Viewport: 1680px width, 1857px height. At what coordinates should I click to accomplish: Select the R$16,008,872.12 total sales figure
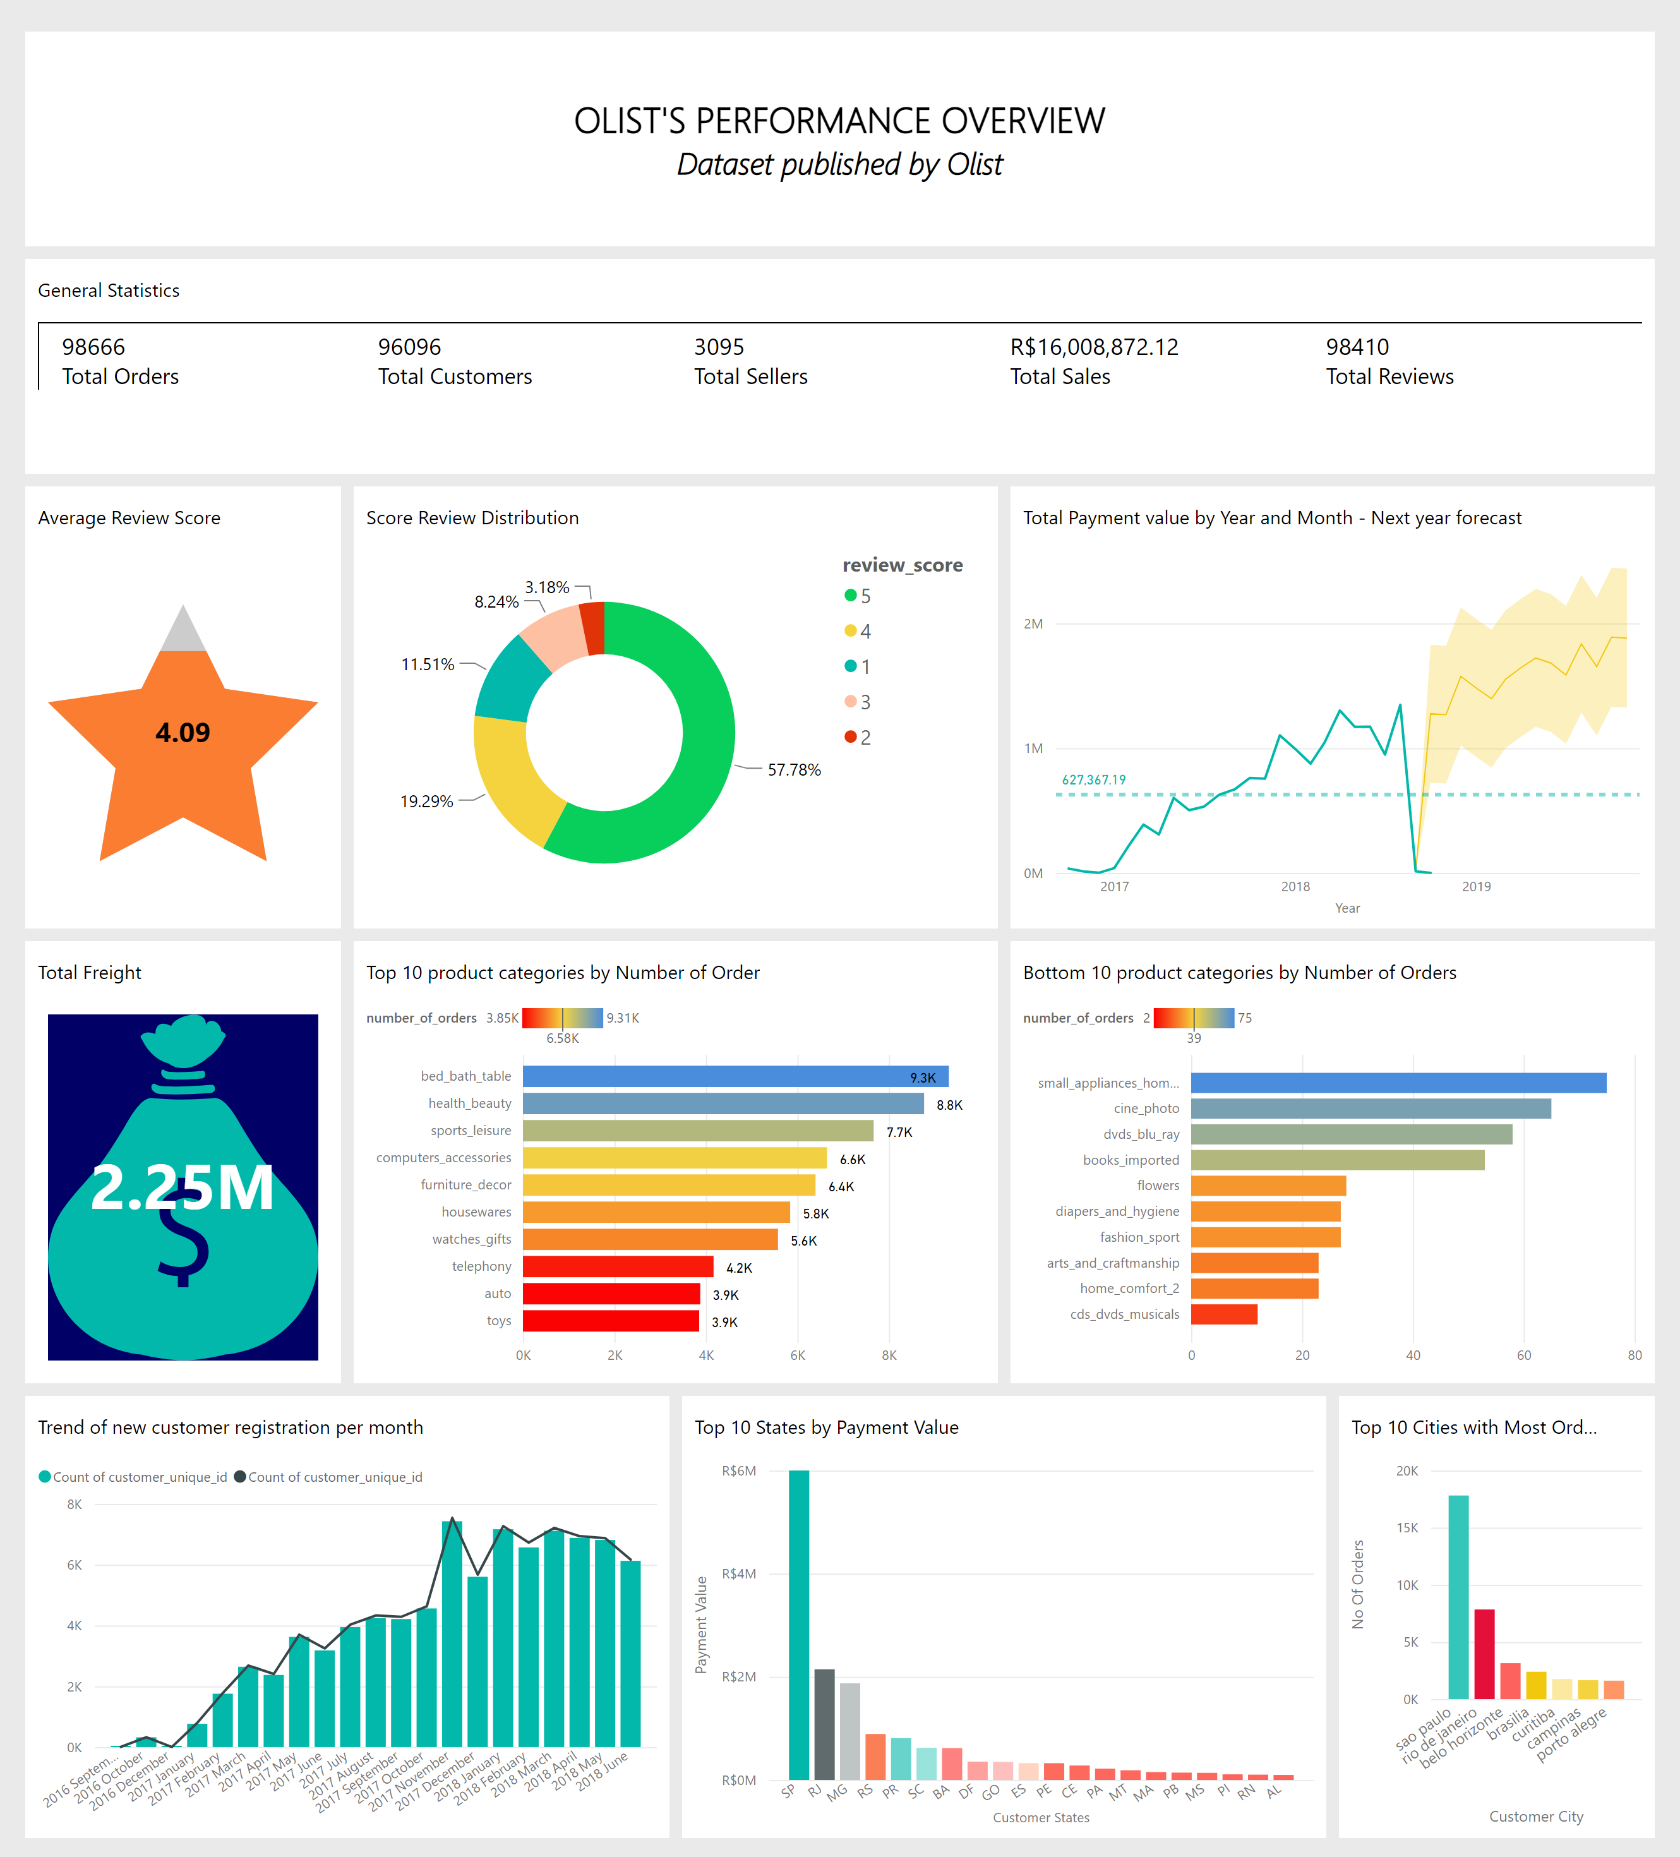(1093, 347)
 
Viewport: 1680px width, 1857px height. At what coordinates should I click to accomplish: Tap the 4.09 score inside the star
(183, 732)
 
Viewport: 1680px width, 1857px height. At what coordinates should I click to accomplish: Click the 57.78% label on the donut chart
(794, 769)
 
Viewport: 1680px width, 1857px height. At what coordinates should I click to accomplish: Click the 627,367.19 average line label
(1093, 779)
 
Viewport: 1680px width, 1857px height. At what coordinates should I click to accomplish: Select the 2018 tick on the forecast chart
(1295, 886)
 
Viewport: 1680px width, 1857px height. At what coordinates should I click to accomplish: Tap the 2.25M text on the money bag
(183, 1187)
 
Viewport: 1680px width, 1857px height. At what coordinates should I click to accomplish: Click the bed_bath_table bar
(735, 1076)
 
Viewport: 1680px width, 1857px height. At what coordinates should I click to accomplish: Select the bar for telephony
(617, 1266)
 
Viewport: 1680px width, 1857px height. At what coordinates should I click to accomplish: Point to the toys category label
(498, 1321)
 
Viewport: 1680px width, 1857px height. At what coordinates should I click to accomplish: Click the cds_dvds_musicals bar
(1223, 1314)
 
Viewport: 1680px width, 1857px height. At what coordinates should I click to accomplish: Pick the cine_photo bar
(1370, 1108)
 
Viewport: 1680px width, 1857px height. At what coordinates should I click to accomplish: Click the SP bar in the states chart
(798, 1625)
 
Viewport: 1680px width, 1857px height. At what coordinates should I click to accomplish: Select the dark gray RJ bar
(824, 1724)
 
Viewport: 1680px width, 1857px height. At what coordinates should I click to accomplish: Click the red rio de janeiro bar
(1484, 1654)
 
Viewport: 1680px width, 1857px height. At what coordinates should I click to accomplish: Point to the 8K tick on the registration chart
(75, 1504)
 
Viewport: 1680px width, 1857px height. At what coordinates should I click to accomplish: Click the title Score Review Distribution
(472, 518)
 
